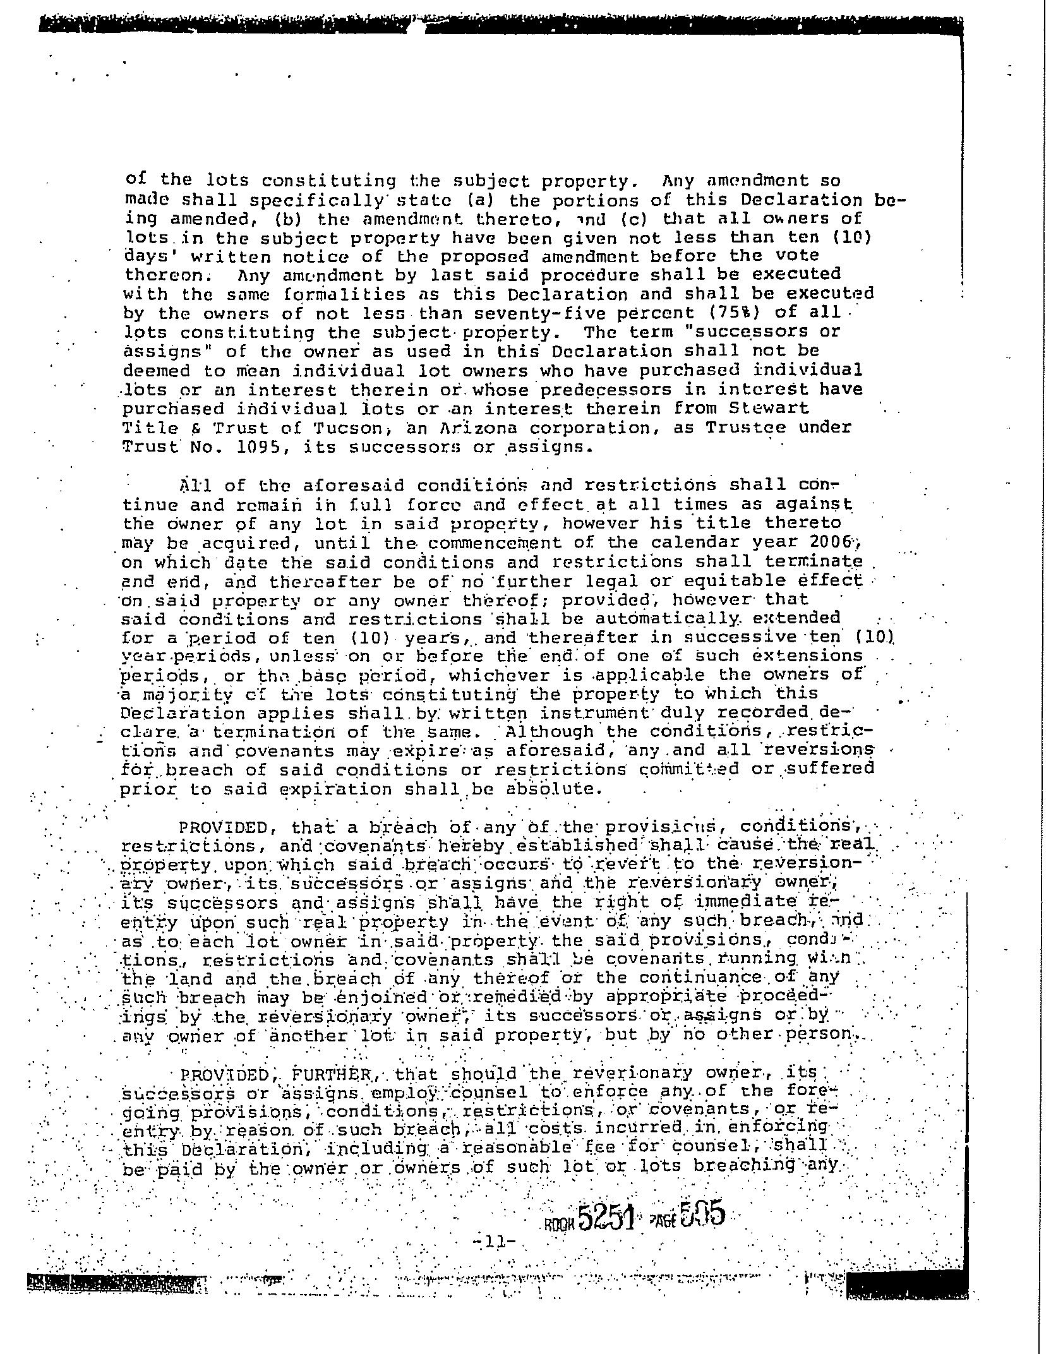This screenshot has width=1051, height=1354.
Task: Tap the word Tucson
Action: tap(348, 428)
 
